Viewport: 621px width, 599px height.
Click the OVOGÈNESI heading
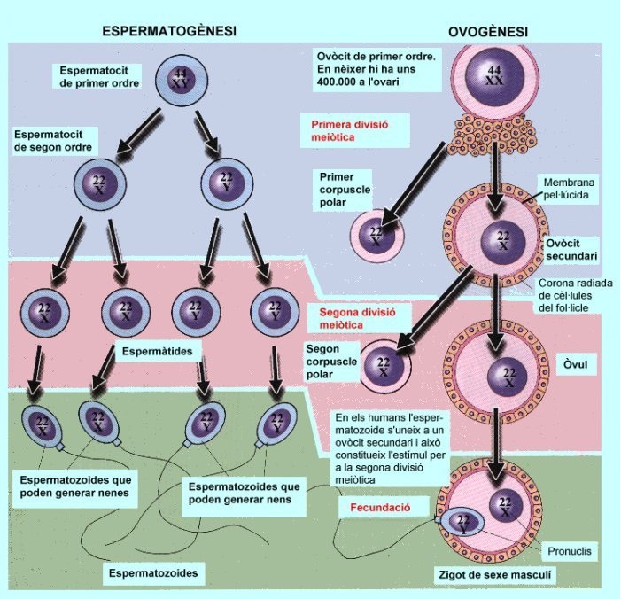[487, 33]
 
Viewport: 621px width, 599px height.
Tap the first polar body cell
[378, 235]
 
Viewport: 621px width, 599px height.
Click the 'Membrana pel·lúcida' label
[573, 185]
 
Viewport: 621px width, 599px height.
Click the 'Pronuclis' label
[571, 551]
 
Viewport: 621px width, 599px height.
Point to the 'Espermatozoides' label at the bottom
[153, 573]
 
